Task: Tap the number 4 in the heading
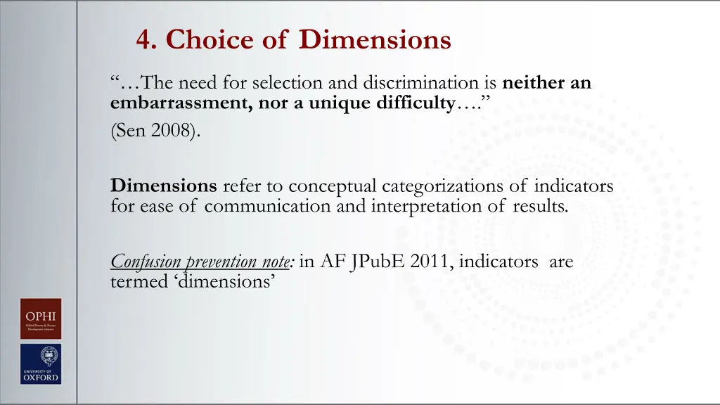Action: point(146,39)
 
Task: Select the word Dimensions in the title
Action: point(375,39)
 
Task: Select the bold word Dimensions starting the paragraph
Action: point(164,186)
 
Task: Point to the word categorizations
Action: point(453,186)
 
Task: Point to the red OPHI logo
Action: point(40,319)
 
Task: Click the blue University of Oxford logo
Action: point(40,364)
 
